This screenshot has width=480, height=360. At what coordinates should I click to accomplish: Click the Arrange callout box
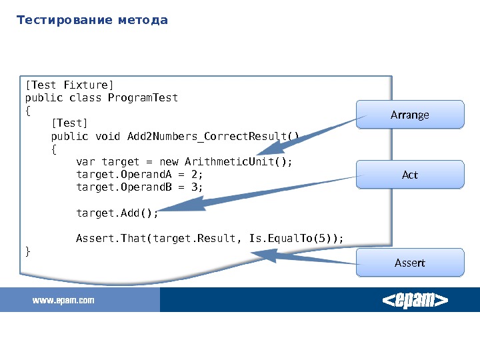tap(409, 115)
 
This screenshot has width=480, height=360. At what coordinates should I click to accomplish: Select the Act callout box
tap(409, 175)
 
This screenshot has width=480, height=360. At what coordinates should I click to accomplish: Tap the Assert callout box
tap(409, 263)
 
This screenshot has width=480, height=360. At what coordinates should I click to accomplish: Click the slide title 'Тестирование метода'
tap(92, 20)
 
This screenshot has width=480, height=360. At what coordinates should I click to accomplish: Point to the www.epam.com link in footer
tap(64, 301)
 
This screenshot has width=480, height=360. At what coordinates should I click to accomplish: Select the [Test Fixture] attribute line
tap(69, 85)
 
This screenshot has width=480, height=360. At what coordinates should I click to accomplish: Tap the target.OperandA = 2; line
tap(139, 175)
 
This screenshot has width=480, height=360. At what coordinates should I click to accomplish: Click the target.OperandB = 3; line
tap(139, 187)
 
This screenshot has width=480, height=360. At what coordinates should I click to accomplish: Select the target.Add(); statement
tap(117, 213)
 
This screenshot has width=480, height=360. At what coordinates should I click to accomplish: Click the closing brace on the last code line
tap(27, 251)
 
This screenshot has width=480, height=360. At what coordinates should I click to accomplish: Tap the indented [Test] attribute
tap(69, 123)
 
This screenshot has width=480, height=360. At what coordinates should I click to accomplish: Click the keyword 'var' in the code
tap(85, 162)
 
